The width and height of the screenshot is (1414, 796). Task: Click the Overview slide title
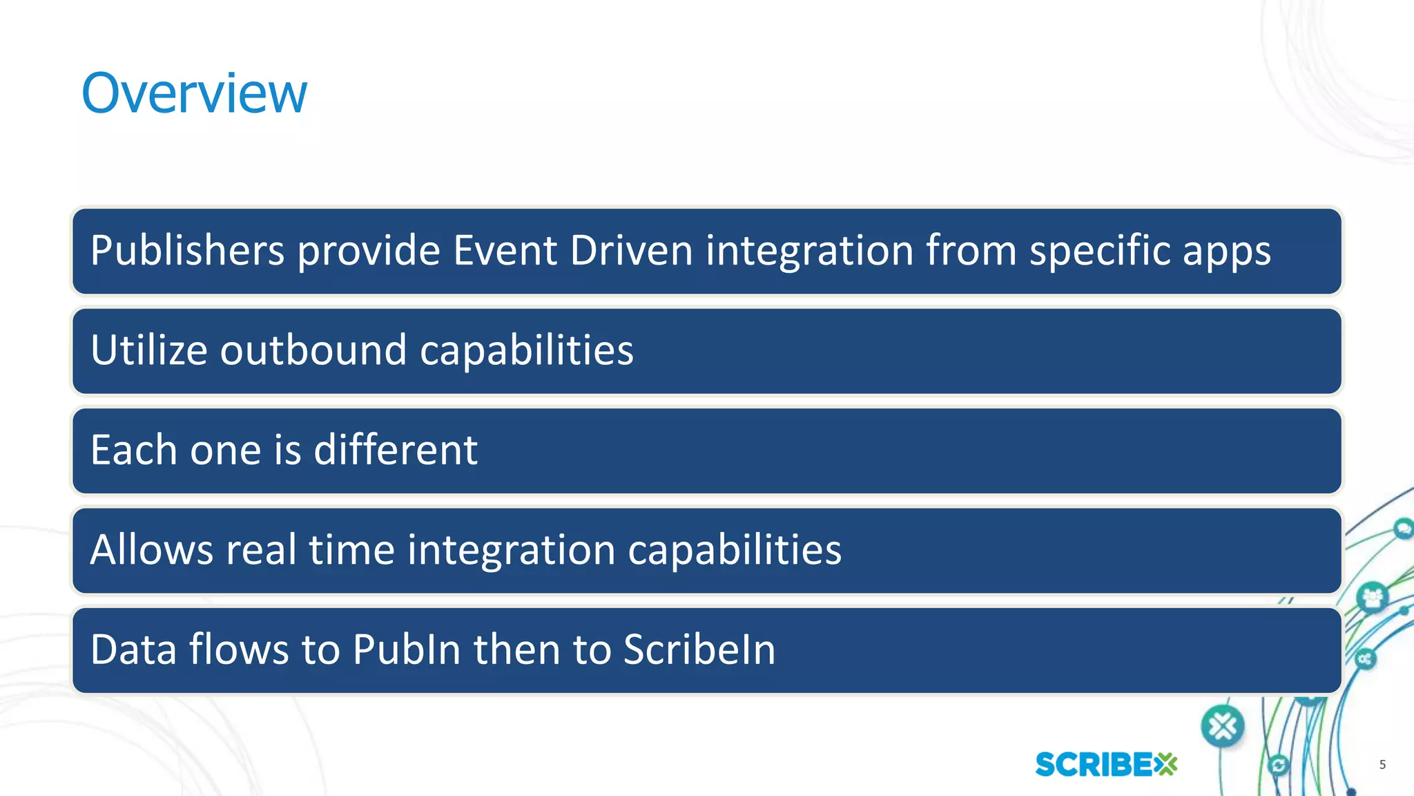pos(194,93)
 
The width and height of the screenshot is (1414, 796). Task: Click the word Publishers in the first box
pos(187,250)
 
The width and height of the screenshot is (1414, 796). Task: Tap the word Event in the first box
pos(505,250)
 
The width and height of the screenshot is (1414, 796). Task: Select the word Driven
pos(631,250)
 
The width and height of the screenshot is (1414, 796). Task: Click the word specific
pos(1099,252)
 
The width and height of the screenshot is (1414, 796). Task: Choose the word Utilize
pos(148,350)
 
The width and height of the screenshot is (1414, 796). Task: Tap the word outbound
pos(313,350)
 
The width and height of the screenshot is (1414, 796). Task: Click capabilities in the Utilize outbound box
pos(526,351)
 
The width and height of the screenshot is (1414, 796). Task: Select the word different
pos(396,450)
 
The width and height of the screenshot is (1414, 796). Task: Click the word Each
pos(134,450)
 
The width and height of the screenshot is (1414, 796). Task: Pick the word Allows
pos(152,550)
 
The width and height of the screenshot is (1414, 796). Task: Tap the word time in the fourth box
pos(351,550)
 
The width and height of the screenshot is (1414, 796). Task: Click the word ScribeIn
pos(699,650)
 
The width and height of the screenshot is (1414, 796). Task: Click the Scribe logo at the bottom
pos(1106,764)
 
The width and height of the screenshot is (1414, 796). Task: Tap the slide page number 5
pos(1382,764)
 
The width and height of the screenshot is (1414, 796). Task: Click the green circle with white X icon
pos(1223,726)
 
